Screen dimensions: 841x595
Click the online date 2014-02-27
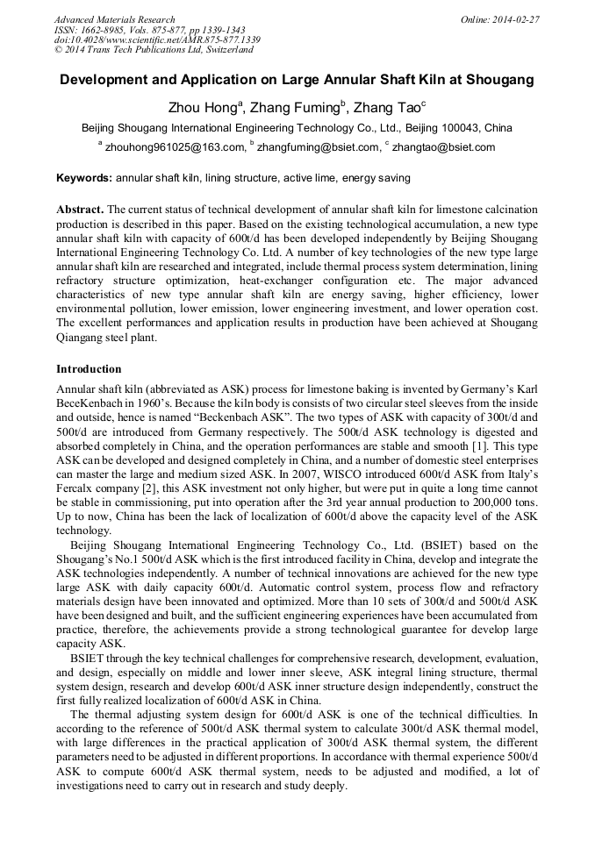click(516, 18)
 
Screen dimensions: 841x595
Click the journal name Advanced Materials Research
click(114, 18)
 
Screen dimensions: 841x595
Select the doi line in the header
click(157, 39)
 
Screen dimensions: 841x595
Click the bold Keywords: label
click(84, 178)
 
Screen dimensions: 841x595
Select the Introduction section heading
click(89, 369)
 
